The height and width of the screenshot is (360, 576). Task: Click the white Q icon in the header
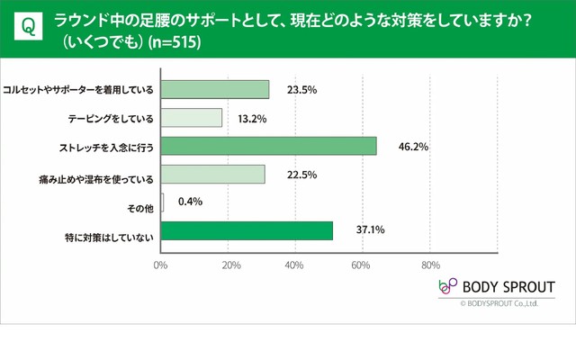tap(28, 27)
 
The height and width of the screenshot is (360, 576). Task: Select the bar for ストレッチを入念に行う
tap(268, 146)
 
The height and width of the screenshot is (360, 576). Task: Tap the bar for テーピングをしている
tap(192, 118)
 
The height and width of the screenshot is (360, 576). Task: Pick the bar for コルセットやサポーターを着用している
tap(215, 89)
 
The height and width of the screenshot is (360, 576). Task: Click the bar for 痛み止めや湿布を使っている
tap(213, 175)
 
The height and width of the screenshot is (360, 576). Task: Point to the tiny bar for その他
tap(162, 202)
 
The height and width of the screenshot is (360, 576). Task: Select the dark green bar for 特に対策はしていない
tap(247, 231)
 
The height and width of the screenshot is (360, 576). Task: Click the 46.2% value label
tap(400, 146)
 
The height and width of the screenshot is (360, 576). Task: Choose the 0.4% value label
tap(188, 202)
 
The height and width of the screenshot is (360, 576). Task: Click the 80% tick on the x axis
tap(430, 265)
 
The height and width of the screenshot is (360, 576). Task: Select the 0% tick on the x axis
tap(161, 265)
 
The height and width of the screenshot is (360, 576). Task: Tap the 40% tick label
tap(295, 265)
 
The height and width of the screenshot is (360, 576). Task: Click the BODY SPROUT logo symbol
tap(447, 286)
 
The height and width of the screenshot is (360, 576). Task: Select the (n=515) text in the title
tap(170, 42)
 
